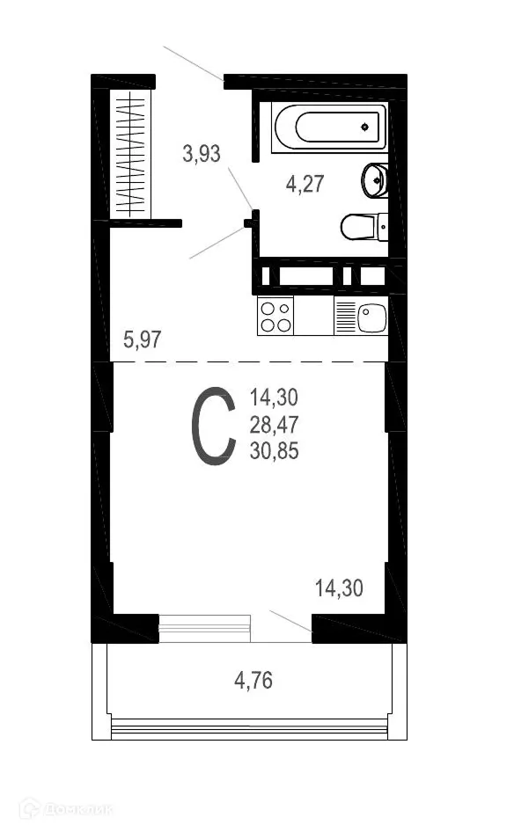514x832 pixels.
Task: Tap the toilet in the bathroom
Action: tap(361, 227)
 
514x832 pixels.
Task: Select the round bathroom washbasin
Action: tap(375, 180)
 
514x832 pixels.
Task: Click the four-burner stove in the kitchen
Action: tap(275, 317)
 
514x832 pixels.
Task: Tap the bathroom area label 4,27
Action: tap(305, 184)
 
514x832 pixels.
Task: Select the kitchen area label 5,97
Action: tap(143, 339)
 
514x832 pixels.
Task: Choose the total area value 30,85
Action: tap(274, 453)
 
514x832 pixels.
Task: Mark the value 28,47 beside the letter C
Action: tap(274, 426)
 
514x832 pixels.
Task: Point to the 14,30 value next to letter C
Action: tap(274, 398)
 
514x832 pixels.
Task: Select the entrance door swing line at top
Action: tap(193, 62)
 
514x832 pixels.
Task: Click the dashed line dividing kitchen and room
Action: tap(246, 361)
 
